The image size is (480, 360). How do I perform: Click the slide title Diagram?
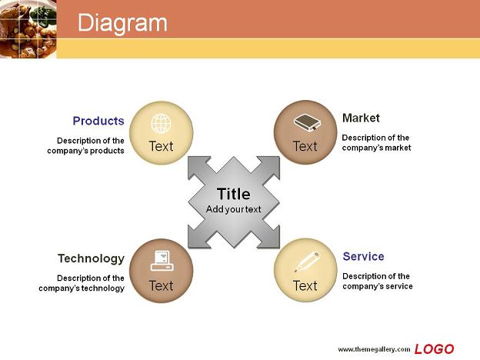point(122,23)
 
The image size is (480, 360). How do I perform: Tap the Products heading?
point(98,121)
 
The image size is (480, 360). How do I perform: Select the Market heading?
point(361,118)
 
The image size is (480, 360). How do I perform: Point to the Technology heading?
point(91,258)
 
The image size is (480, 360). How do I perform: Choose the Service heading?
point(363,256)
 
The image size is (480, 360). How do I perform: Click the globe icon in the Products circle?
point(161,123)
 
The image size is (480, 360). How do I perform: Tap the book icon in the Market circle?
point(307,122)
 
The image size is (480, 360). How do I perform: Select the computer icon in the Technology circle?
point(162,261)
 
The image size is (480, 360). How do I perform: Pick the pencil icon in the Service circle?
point(307,262)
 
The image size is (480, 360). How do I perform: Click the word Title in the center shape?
point(234,194)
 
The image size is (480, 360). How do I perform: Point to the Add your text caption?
point(234,209)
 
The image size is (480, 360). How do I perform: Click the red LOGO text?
point(434,349)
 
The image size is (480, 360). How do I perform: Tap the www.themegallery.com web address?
point(374,349)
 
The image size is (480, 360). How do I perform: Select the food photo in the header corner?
point(28,29)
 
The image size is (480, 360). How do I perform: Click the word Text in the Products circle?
point(161,146)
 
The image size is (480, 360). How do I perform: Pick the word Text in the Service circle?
point(305,285)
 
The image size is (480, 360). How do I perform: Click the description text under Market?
point(376,142)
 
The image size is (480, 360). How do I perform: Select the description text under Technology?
point(82,283)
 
